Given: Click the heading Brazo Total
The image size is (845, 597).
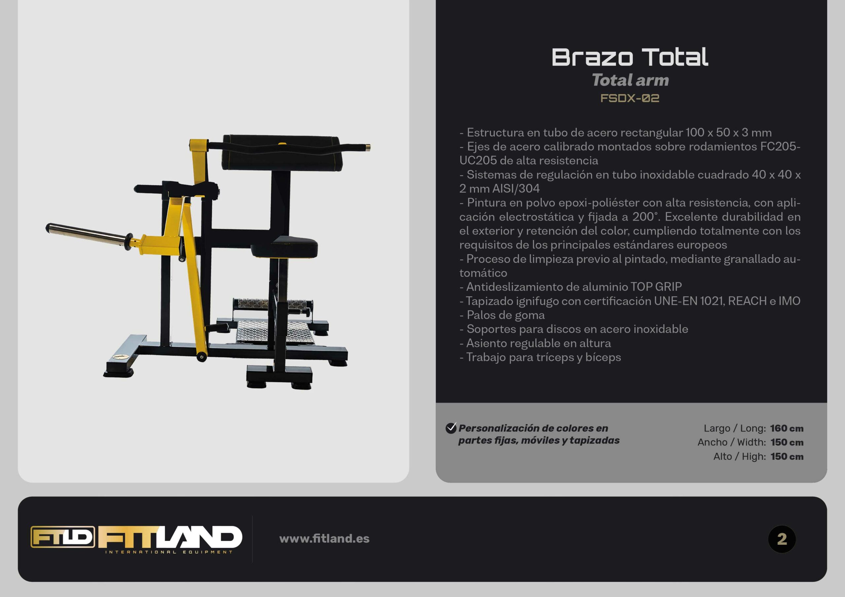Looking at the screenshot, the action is (x=630, y=57).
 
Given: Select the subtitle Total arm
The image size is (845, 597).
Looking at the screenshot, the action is (x=630, y=80).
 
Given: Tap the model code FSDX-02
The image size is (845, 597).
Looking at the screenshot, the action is (x=630, y=98).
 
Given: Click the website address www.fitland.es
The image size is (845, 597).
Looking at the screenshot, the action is (x=324, y=539).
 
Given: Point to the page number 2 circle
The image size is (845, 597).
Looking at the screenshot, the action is (x=782, y=539).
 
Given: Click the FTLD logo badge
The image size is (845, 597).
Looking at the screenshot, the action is (x=63, y=537).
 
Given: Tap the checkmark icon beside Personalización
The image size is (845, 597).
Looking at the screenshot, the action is (x=451, y=428).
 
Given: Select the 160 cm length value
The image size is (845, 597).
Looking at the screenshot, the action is (x=787, y=428).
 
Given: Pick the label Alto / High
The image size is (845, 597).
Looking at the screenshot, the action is (x=739, y=456).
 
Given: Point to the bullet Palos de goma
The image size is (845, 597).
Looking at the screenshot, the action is (x=502, y=315).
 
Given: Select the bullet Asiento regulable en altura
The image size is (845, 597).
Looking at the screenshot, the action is (x=535, y=343).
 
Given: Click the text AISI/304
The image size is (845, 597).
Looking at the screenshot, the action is (x=516, y=189).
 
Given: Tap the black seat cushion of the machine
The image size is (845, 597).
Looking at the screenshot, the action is (x=285, y=247).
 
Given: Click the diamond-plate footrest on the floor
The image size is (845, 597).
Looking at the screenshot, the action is (x=274, y=331).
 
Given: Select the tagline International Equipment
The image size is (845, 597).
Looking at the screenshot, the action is (x=169, y=552).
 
